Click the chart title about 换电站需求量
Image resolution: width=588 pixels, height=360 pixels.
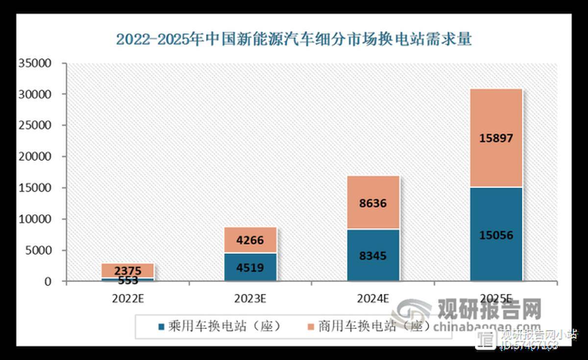coord(294,39)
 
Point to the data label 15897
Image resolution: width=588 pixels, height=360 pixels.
coord(496,139)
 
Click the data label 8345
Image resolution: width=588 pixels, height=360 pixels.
coord(373,256)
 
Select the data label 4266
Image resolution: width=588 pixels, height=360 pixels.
coord(251,240)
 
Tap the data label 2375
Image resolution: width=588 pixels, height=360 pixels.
coord(128,271)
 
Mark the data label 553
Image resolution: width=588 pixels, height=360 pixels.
coord(128,281)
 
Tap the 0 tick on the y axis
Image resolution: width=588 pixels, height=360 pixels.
coord(48,282)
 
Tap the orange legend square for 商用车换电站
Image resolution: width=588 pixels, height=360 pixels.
coord(311,326)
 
